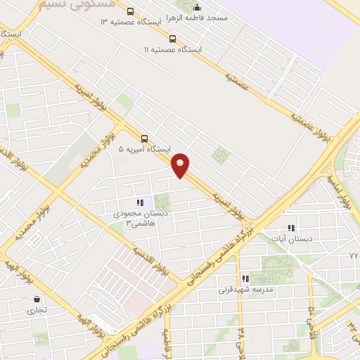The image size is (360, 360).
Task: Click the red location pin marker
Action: coord(181,165)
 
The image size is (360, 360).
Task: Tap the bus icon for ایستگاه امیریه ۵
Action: coord(144,139)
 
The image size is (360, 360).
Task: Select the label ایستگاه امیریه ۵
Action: coord(144,150)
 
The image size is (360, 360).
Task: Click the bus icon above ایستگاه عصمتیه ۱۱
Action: coord(173,39)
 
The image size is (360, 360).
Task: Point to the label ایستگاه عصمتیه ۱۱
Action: coord(173,51)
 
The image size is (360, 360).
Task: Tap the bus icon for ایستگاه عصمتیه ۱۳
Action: coord(130,11)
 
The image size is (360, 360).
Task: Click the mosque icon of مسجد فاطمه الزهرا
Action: coord(197,7)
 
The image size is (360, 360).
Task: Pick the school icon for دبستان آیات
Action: coord(291,228)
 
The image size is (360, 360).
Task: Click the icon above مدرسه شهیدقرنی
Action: coord(245,278)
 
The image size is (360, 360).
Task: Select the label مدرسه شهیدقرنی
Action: coord(245,289)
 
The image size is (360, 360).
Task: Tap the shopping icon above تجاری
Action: coord(36,299)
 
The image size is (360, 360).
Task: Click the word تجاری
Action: coord(36,309)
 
